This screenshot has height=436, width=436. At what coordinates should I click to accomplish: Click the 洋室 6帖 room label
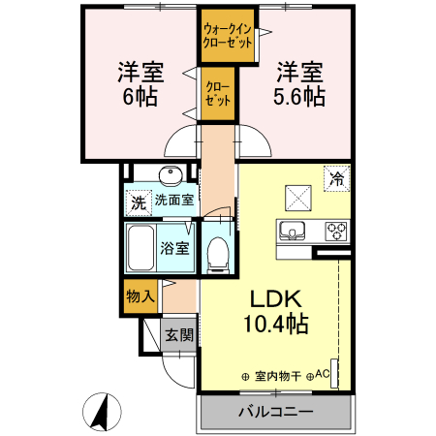pyautogui.click(x=140, y=83)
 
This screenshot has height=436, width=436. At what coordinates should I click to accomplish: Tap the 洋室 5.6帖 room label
pyautogui.click(x=298, y=83)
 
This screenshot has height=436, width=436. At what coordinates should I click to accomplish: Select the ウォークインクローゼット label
pyautogui.click(x=228, y=38)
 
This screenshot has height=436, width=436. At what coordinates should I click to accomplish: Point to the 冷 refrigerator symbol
pyautogui.click(x=337, y=178)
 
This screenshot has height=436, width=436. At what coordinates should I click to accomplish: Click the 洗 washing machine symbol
pyautogui.click(x=138, y=203)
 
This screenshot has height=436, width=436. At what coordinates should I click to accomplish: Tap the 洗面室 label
pyautogui.click(x=174, y=202)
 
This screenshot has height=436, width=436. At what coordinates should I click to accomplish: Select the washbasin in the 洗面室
pyautogui.click(x=171, y=176)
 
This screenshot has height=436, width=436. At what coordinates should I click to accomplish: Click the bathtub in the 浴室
pyautogui.click(x=143, y=248)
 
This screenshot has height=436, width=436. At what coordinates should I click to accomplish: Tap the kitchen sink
pyautogui.click(x=294, y=232)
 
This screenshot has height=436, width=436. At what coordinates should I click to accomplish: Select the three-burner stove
pyautogui.click(x=335, y=232)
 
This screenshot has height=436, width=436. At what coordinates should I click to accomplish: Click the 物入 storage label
pyautogui.click(x=139, y=296)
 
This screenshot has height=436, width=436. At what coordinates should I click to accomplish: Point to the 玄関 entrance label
pyautogui.click(x=177, y=335)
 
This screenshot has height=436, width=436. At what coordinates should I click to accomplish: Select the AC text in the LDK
pyautogui.click(x=322, y=374)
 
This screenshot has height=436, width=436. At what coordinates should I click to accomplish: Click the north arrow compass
pyautogui.click(x=99, y=412)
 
